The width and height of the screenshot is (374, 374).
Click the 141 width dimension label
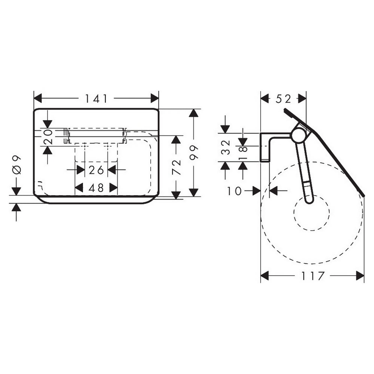pos(96,98)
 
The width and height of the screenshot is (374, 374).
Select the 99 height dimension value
pos(194,152)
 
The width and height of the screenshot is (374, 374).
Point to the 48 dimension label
pos(96,188)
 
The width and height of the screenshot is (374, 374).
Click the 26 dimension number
pos(96,170)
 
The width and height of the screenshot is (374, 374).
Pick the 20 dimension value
pos(48,137)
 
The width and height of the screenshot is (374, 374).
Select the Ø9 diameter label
pos(16,165)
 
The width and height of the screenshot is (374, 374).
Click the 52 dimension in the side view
pos(283,99)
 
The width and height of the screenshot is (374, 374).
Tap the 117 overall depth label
pos(313,276)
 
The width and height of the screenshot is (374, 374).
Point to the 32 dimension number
pos(226,147)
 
